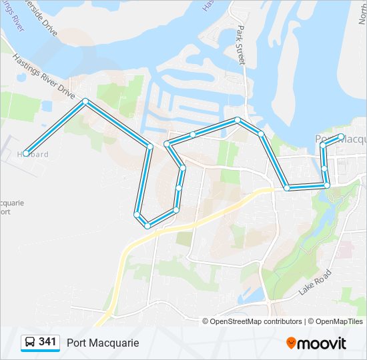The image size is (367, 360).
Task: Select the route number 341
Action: pyautogui.click(x=47, y=342)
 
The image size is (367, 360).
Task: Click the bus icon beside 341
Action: pyautogui.click(x=30, y=343)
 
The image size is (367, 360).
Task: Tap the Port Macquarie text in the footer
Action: pyautogui.click(x=103, y=343)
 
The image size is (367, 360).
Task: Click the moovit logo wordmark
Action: pyautogui.click(x=322, y=343)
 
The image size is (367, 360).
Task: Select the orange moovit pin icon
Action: pyautogui.click(x=291, y=343)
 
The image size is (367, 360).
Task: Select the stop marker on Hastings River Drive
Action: pyautogui.click(x=85, y=101)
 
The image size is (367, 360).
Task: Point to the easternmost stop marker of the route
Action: pyautogui.click(x=341, y=137)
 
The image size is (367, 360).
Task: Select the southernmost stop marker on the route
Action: pyautogui.click(x=147, y=225)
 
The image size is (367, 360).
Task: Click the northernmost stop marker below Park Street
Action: pyautogui.click(x=237, y=120)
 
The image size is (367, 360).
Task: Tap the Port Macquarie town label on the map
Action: pyautogui.click(x=340, y=139)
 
